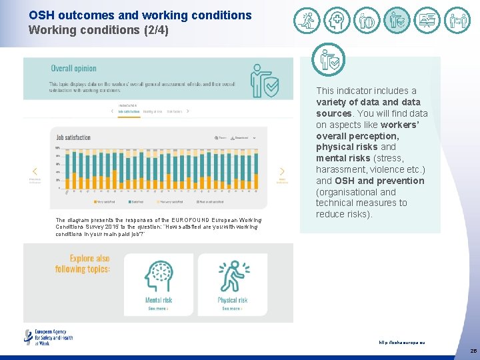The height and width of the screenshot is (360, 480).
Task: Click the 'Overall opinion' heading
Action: click(74, 68)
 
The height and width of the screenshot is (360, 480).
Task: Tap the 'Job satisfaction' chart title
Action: click(73, 137)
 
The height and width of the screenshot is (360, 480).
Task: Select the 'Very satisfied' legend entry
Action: click(105, 201)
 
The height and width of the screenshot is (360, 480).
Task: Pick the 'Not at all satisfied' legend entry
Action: click(212, 201)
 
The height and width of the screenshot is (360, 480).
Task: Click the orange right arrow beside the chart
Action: click(281, 172)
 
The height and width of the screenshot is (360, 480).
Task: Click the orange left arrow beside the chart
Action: click(35, 172)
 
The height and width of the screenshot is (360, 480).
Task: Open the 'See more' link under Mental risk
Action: click(158, 309)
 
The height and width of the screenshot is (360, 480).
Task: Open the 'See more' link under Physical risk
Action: click(232, 309)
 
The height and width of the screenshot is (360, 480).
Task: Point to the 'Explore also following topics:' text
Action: click(90, 263)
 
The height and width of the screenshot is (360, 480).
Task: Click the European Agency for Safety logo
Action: click(48, 337)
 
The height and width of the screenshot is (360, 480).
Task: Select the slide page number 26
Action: click(473, 351)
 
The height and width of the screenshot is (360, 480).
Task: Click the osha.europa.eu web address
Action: click(401, 343)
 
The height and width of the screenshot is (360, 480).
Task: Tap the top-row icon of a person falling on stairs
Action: click(307, 21)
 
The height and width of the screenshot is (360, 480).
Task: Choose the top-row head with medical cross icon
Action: click(337, 21)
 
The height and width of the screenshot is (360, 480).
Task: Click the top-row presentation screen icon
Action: click(427, 21)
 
